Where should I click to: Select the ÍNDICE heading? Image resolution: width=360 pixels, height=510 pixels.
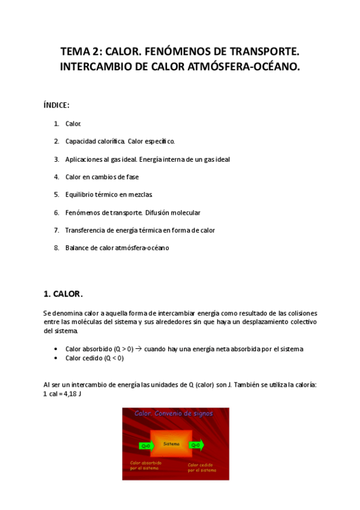(56, 105)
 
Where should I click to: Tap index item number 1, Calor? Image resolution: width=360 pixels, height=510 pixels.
(73, 124)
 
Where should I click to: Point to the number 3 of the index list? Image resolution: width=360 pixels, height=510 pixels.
(56, 159)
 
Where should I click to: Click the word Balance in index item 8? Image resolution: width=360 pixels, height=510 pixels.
(77, 248)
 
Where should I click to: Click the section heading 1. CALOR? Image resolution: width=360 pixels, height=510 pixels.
(63, 294)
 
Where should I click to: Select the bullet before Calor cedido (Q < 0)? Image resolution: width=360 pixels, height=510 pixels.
(55, 358)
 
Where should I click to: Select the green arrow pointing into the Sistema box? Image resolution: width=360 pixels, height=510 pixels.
(146, 446)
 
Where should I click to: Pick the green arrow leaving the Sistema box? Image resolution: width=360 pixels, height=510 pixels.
(197, 445)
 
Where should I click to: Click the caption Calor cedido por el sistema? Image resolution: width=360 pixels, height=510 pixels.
(201, 467)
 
